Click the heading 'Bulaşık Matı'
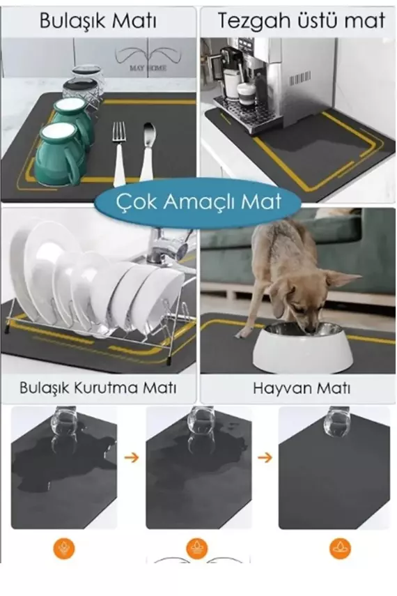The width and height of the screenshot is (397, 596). tap(98, 20)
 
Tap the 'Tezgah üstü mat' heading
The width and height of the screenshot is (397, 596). tap(301, 20)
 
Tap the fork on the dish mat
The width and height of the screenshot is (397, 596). tap(119, 150)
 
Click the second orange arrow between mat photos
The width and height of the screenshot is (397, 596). tap(264, 458)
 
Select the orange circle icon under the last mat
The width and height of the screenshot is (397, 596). tap(340, 549)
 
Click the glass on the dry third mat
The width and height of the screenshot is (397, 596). tap(337, 422)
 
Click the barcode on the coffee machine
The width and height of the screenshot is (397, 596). tap(299, 77)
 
